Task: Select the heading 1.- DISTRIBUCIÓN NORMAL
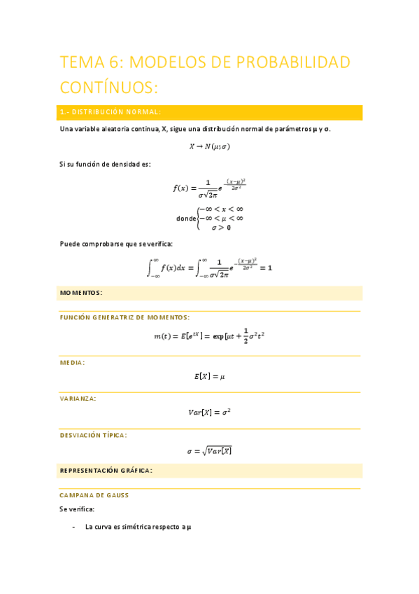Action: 111,112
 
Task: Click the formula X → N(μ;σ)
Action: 209,146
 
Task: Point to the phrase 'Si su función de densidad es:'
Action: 105,164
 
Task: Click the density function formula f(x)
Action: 209,188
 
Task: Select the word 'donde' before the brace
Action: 186,218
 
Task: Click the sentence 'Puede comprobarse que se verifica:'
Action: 116,244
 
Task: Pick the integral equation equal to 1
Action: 209,268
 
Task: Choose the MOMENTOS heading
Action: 81,292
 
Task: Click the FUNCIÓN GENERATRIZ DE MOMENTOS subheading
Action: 125,317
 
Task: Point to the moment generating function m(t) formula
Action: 209,336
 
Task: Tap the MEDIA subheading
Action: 73,362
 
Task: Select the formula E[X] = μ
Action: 209,376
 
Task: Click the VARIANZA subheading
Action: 78,398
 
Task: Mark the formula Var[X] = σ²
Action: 209,413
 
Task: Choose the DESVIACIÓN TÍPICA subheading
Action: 93,435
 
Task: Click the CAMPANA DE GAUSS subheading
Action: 94,495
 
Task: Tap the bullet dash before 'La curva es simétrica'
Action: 74,527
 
